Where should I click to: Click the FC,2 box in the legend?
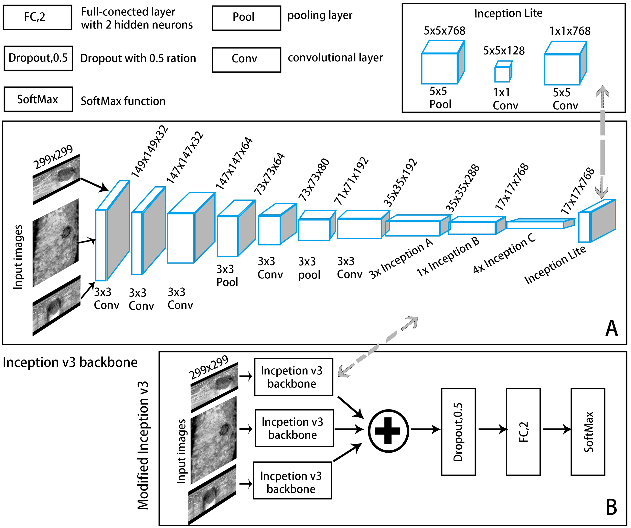click(37, 17)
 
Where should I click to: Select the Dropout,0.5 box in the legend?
click(38, 58)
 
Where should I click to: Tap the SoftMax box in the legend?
click(38, 99)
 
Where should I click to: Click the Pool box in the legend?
click(246, 18)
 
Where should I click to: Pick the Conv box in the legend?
click(246, 60)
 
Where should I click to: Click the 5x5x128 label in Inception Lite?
click(504, 51)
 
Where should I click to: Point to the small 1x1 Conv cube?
click(503, 72)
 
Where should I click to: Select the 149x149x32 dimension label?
click(149, 152)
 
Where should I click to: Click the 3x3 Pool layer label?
click(227, 276)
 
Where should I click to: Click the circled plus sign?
click(388, 431)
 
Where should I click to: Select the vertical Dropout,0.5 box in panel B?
click(458, 432)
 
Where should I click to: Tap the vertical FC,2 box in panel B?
click(523, 432)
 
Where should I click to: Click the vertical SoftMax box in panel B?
click(588, 432)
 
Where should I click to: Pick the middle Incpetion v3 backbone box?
click(294, 429)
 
